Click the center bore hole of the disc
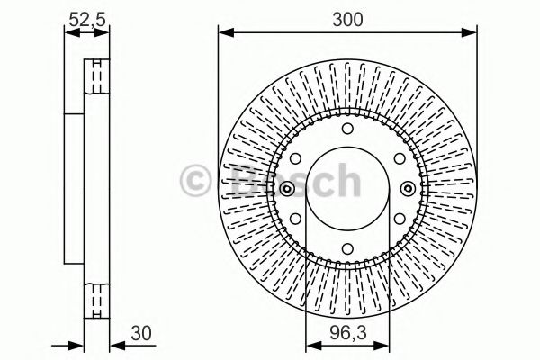pyautogui.click(x=346, y=188)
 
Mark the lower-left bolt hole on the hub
pyautogui.click(x=296, y=220)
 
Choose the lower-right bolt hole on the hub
pyautogui.click(x=397, y=220)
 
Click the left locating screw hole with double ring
pyautogui.click(x=285, y=188)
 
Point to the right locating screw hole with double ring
pyautogui.click(x=408, y=188)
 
